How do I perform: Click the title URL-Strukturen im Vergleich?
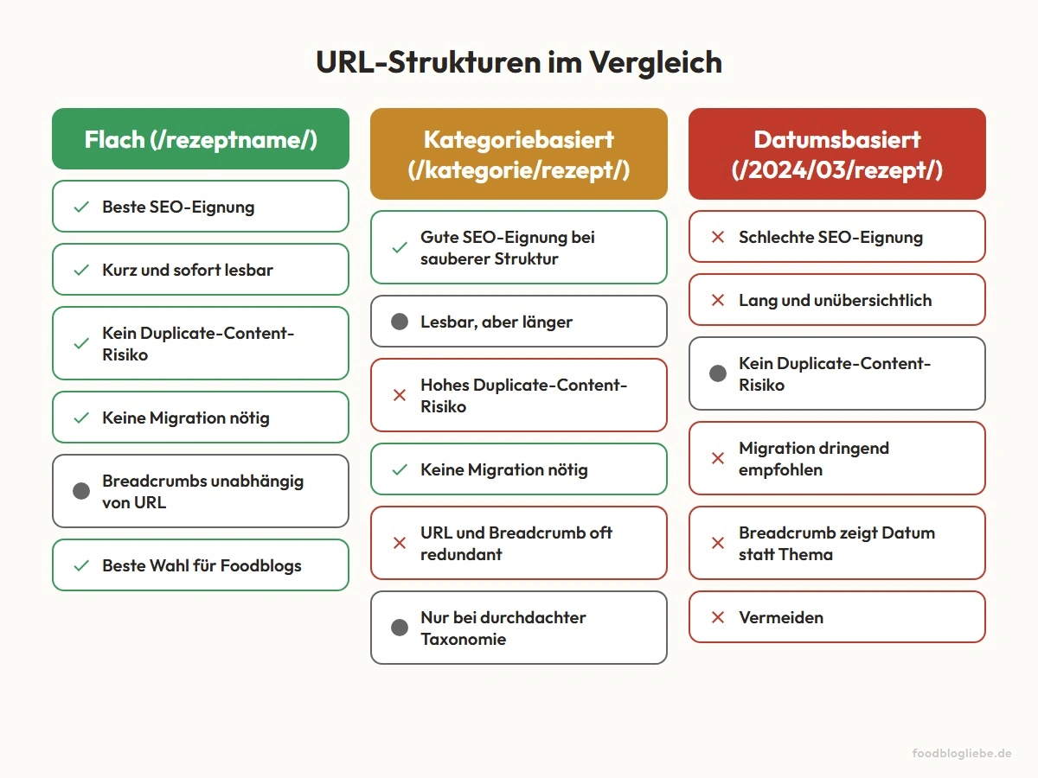519,63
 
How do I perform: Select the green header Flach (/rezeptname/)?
201,139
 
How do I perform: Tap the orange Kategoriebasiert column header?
519,155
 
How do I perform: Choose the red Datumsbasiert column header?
836,155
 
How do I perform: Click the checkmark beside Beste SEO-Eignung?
81,207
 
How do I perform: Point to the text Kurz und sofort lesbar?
188,270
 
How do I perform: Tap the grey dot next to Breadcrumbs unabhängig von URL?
81,491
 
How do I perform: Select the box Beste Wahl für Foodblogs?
201,565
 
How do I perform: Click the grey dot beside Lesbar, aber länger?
400,322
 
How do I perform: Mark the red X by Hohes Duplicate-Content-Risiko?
400,395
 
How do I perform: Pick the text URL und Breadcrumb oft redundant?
516,543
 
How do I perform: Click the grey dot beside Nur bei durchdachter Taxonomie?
400,628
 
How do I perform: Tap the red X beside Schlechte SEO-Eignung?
717,237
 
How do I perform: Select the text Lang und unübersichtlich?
835,300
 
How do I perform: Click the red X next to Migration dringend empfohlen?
717,458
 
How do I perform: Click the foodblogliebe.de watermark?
962,754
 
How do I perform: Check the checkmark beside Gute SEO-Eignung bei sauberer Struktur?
400,247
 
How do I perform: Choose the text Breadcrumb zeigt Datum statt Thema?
836,543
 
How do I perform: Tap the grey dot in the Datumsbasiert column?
717,373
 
